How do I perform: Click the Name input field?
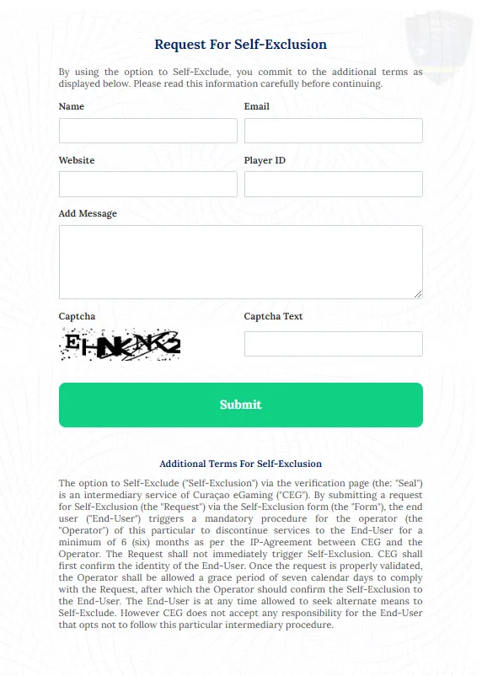(147, 131)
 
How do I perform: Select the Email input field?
(333, 131)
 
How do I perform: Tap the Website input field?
(147, 184)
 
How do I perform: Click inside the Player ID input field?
(333, 184)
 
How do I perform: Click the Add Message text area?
(240, 261)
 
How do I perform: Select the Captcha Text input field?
(333, 344)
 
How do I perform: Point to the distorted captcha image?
(121, 344)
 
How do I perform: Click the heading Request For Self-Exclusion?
(240, 45)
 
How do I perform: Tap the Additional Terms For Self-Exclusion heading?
(240, 464)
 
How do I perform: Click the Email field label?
(256, 107)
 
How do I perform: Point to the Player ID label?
(265, 160)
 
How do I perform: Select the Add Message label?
(88, 213)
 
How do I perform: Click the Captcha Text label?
(273, 317)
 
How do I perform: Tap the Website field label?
(77, 160)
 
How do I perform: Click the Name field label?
(72, 107)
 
